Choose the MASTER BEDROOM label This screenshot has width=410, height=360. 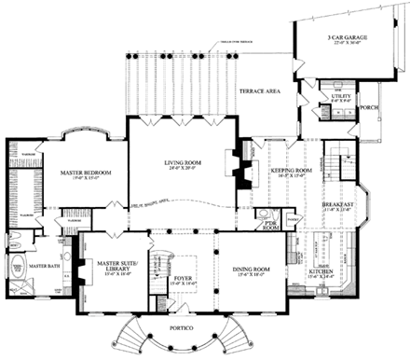(x=67, y=172)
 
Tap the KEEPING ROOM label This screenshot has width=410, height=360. (x=290, y=172)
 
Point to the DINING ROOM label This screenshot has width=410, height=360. (x=250, y=271)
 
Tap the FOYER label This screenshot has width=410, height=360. (x=183, y=278)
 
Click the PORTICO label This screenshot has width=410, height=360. (x=183, y=330)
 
